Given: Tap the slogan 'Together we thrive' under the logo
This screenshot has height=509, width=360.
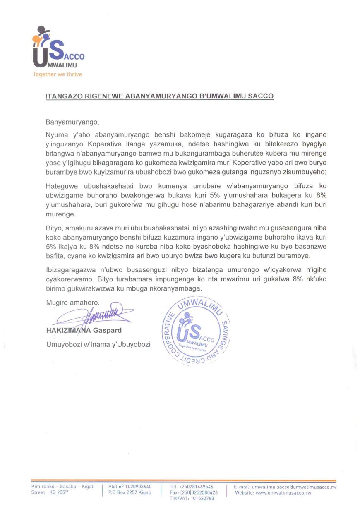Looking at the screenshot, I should click(58, 74).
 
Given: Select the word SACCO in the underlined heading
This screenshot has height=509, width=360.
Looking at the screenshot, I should click(260, 96).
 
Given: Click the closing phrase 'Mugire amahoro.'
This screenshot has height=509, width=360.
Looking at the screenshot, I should click(73, 303).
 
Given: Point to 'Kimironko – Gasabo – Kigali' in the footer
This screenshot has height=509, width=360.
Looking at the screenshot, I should click(63, 487).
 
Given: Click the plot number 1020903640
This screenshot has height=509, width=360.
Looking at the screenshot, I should click(137, 487).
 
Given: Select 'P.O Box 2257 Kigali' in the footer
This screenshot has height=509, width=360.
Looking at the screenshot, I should click(130, 493).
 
